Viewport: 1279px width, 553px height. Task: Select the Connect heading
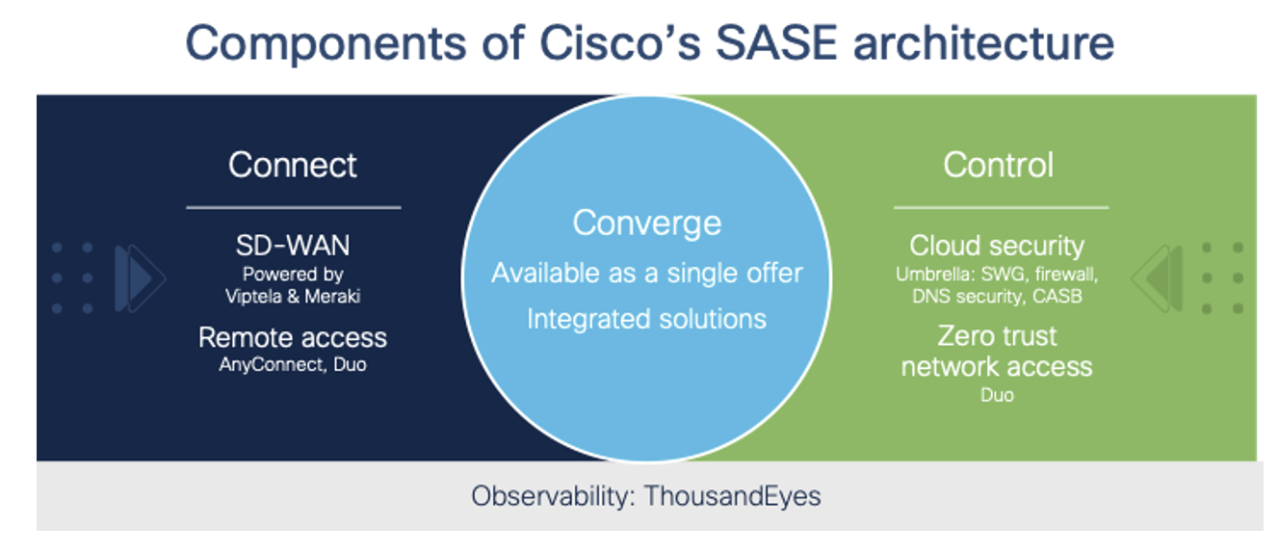click(293, 165)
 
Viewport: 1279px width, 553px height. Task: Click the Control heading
click(999, 165)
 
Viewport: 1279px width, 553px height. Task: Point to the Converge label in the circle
click(646, 224)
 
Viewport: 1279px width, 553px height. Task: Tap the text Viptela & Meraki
click(293, 296)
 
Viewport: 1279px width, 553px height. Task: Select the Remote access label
click(293, 337)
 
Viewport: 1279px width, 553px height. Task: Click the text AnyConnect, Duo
click(293, 365)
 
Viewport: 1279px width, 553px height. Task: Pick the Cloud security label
click(997, 246)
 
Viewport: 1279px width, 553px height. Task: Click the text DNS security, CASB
click(997, 296)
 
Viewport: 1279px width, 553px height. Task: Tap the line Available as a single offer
click(646, 273)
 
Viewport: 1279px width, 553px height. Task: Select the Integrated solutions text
click(646, 318)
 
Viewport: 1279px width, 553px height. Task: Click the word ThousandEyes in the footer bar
click(732, 496)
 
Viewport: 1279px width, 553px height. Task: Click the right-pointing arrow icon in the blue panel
click(139, 278)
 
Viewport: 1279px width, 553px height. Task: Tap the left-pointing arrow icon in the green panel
click(1157, 278)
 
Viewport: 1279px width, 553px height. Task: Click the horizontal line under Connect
click(293, 207)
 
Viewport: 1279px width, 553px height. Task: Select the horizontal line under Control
click(1001, 207)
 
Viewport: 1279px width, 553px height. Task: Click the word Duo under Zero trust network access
click(997, 395)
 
